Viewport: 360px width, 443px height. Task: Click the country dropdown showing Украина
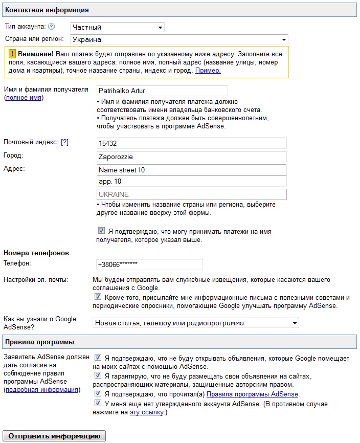point(178,39)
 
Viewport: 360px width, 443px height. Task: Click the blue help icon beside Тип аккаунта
point(51,27)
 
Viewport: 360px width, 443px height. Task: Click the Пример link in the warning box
point(208,71)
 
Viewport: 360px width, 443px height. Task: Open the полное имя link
point(24,98)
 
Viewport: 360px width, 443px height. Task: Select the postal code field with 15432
point(191,143)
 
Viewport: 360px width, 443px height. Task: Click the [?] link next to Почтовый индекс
point(64,142)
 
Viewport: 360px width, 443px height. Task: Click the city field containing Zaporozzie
point(191,157)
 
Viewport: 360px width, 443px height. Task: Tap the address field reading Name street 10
point(191,169)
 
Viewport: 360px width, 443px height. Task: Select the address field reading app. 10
point(191,182)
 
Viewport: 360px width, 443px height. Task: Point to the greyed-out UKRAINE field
point(191,194)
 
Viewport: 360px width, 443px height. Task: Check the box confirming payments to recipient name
point(102,231)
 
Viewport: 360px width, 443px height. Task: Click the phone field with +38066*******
point(149,264)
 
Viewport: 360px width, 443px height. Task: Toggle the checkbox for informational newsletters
point(98,297)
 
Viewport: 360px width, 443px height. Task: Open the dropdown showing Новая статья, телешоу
point(196,323)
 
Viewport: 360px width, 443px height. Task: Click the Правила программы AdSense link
point(252,394)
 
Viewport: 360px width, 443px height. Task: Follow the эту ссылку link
point(146,412)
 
